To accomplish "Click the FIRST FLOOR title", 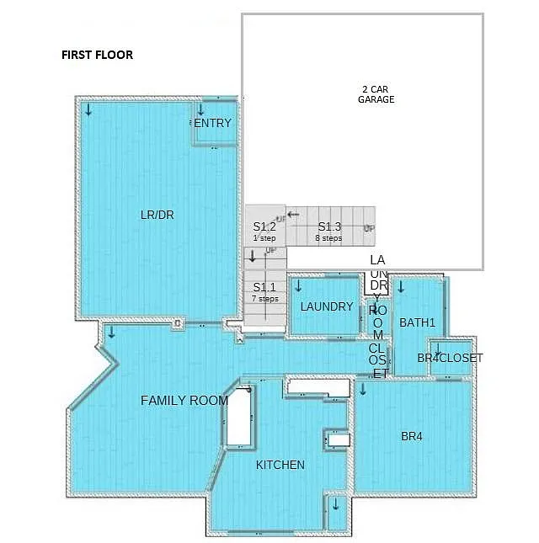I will [97, 56].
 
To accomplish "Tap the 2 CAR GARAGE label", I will [377, 94].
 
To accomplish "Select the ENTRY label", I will [212, 124].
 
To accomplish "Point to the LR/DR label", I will [157, 215].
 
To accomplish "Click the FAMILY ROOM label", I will [184, 401].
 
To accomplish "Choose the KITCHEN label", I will [280, 465].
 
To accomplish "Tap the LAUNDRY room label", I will [327, 306].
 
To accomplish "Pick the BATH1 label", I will [417, 322].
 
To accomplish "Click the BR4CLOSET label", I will [451, 358].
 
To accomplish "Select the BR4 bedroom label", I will [412, 436].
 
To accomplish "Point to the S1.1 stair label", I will [264, 287].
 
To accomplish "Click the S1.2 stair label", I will [264, 227].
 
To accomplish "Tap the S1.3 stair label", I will [329, 227].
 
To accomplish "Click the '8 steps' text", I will [328, 238].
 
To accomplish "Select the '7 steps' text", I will [264, 299].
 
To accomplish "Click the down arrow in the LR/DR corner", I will [88, 109].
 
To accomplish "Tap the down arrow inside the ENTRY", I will [200, 110].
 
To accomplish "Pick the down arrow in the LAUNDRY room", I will [298, 285].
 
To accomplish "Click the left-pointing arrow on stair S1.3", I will [293, 215].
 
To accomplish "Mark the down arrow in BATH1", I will [401, 287].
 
